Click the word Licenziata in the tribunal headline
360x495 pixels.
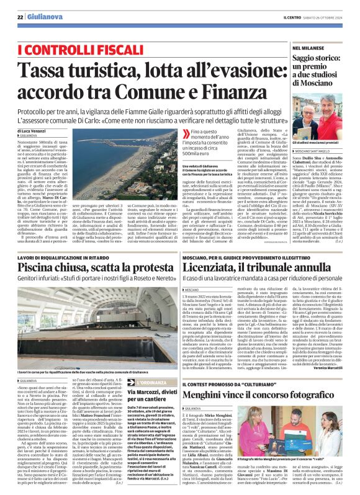pyautogui.click(x=215, y=267)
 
